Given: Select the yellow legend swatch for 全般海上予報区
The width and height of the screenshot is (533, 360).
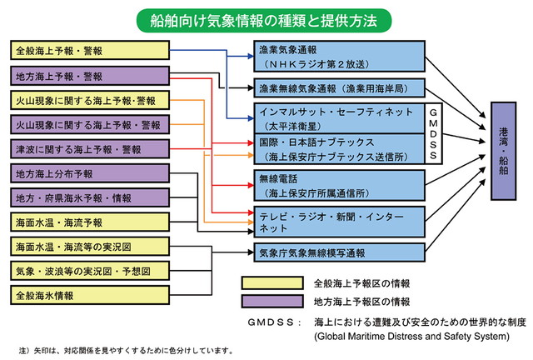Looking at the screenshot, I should tap(270, 282).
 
